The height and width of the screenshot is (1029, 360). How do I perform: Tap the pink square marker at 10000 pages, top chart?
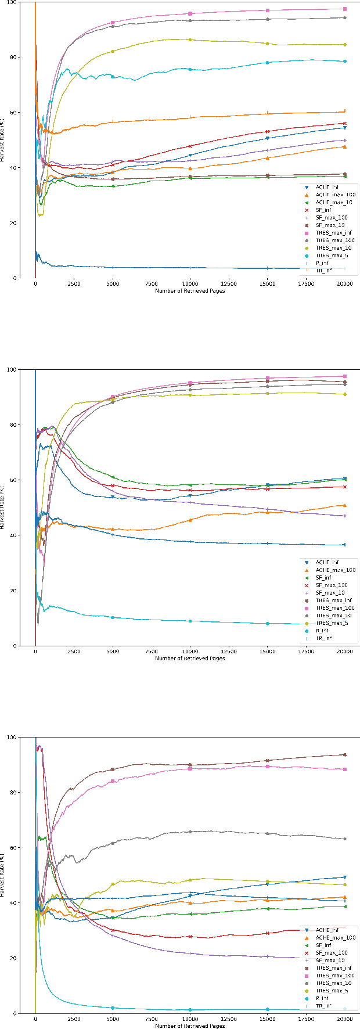[x=190, y=13]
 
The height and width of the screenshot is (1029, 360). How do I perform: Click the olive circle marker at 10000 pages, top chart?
[x=190, y=39]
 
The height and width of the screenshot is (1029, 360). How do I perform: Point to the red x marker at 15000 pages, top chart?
[x=267, y=132]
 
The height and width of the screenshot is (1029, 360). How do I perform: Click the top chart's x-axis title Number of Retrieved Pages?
[x=190, y=290]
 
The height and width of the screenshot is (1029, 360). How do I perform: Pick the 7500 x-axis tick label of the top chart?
[x=152, y=284]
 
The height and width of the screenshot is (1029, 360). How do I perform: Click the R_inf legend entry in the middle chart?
[x=322, y=631]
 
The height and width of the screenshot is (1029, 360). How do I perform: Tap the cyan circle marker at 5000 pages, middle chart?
[x=113, y=617]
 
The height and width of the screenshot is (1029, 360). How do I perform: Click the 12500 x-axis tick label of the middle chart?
[x=229, y=652]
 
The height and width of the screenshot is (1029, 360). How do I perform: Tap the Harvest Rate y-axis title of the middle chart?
[x=4, y=507]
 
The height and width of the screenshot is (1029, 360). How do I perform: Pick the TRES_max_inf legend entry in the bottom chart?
[x=332, y=968]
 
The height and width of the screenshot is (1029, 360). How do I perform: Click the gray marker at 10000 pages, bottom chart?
[x=190, y=832]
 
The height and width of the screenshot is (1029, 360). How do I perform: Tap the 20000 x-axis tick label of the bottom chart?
[x=344, y=1019]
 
